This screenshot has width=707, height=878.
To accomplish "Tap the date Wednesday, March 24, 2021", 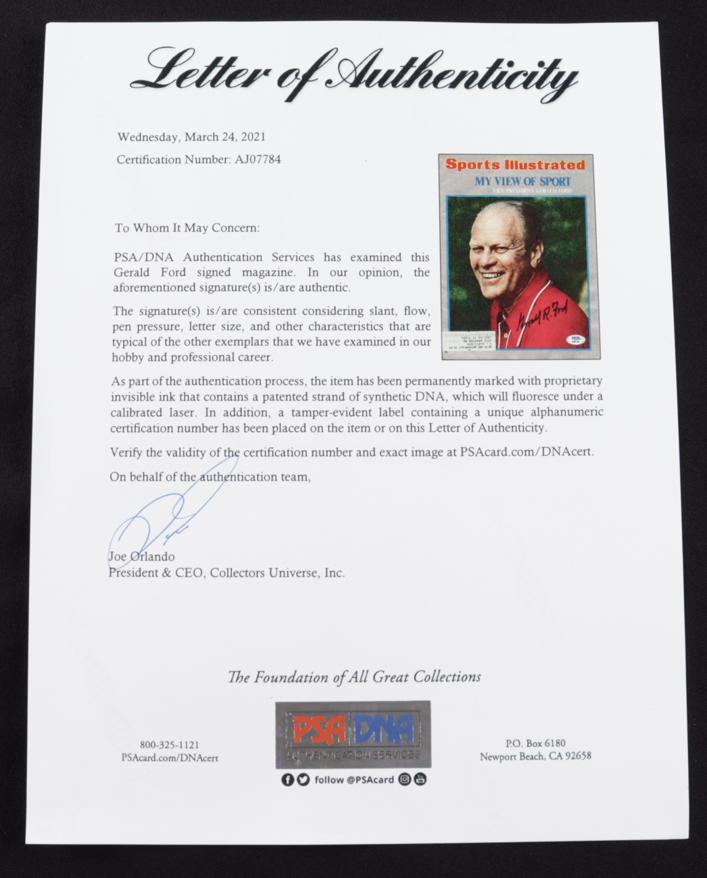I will [191, 137].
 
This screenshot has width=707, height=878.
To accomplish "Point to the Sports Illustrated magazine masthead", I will [514, 164].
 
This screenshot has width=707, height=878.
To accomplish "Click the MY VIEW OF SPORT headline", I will [522, 181].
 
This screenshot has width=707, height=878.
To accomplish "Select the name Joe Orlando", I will [141, 557].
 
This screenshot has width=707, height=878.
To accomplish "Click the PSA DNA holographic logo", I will [353, 735].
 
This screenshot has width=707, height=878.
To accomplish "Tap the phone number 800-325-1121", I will [169, 744].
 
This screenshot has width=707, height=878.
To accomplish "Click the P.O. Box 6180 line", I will [535, 743].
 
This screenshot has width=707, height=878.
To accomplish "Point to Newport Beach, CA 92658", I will [535, 756].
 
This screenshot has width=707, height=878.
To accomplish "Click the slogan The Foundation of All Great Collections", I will [354, 676].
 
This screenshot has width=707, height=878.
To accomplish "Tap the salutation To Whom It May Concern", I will [187, 228].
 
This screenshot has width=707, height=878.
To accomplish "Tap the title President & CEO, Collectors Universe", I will [226, 573].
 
